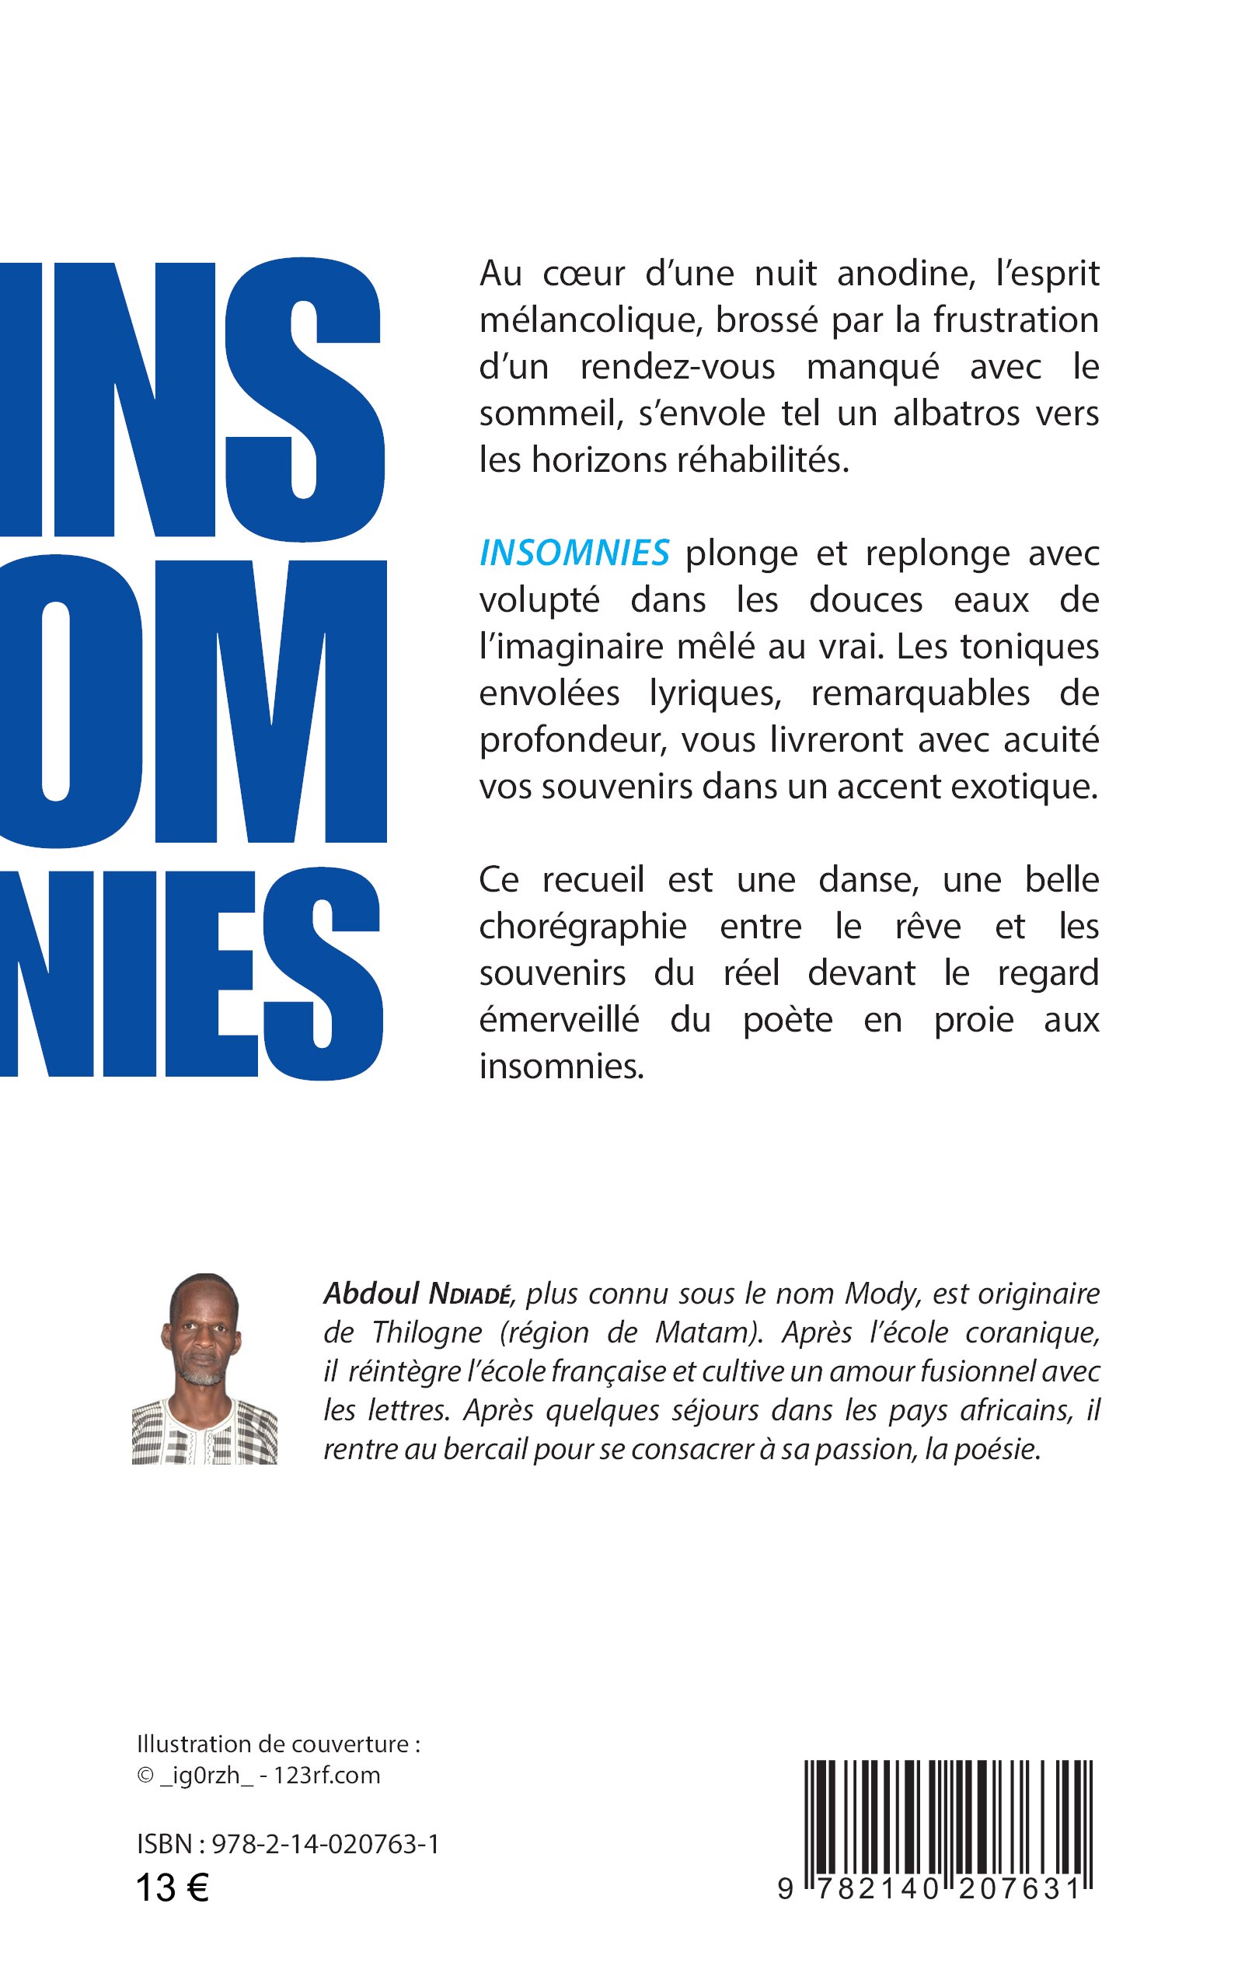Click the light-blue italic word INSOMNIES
574,553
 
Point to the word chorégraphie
582,927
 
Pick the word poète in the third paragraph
788,1021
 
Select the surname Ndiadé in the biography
471,1295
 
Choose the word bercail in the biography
485,1450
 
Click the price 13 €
172,1887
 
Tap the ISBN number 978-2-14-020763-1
325,1844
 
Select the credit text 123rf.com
326,1775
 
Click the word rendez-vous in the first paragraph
677,367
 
